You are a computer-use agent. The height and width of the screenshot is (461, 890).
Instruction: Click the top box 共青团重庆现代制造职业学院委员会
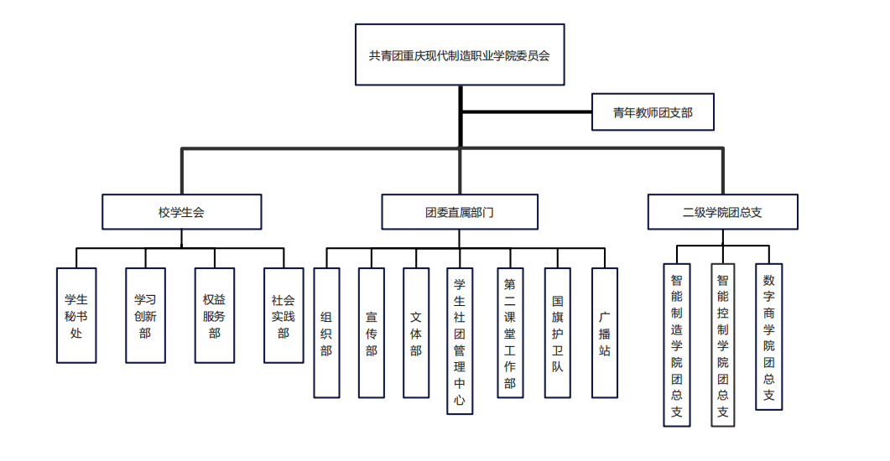pyautogui.click(x=460, y=54)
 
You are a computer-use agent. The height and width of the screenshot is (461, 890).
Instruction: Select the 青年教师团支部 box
pyautogui.click(x=653, y=111)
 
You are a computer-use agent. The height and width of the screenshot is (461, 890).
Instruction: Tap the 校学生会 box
pyautogui.click(x=181, y=212)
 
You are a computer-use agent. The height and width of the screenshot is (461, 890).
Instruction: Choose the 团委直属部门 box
pyautogui.click(x=460, y=212)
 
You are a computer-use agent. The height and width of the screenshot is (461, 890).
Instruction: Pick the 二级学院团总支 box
pyautogui.click(x=722, y=212)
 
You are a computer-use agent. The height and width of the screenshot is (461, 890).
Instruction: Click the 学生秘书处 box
pyautogui.click(x=76, y=315)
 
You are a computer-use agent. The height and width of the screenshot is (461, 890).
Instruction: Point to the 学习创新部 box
pyautogui.click(x=145, y=315)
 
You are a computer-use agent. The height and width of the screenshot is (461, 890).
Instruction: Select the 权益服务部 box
pyautogui.click(x=214, y=315)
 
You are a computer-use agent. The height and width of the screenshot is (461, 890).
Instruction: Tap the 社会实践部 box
pyautogui.click(x=284, y=315)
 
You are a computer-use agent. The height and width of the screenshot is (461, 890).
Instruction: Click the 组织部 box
pyautogui.click(x=326, y=333)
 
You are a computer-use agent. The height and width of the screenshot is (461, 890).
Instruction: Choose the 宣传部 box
pyautogui.click(x=372, y=333)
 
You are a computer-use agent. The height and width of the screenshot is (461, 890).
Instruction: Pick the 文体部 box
pyautogui.click(x=416, y=333)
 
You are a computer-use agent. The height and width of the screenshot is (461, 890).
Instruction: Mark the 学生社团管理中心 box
pyautogui.click(x=460, y=341)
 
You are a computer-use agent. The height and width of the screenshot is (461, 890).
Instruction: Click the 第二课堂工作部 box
pyautogui.click(x=510, y=333)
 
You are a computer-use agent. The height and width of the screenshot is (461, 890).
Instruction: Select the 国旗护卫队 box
pyautogui.click(x=558, y=333)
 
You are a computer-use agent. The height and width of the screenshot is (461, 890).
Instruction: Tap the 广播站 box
pyautogui.click(x=605, y=333)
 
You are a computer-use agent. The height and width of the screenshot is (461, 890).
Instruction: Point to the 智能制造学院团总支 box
pyautogui.click(x=677, y=346)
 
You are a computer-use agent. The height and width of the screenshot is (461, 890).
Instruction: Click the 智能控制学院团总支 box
pyautogui.click(x=723, y=346)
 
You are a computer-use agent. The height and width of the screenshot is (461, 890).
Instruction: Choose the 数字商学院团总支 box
pyautogui.click(x=768, y=338)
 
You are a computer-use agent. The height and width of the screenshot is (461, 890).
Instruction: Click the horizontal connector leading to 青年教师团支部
pyautogui.click(x=527, y=111)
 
